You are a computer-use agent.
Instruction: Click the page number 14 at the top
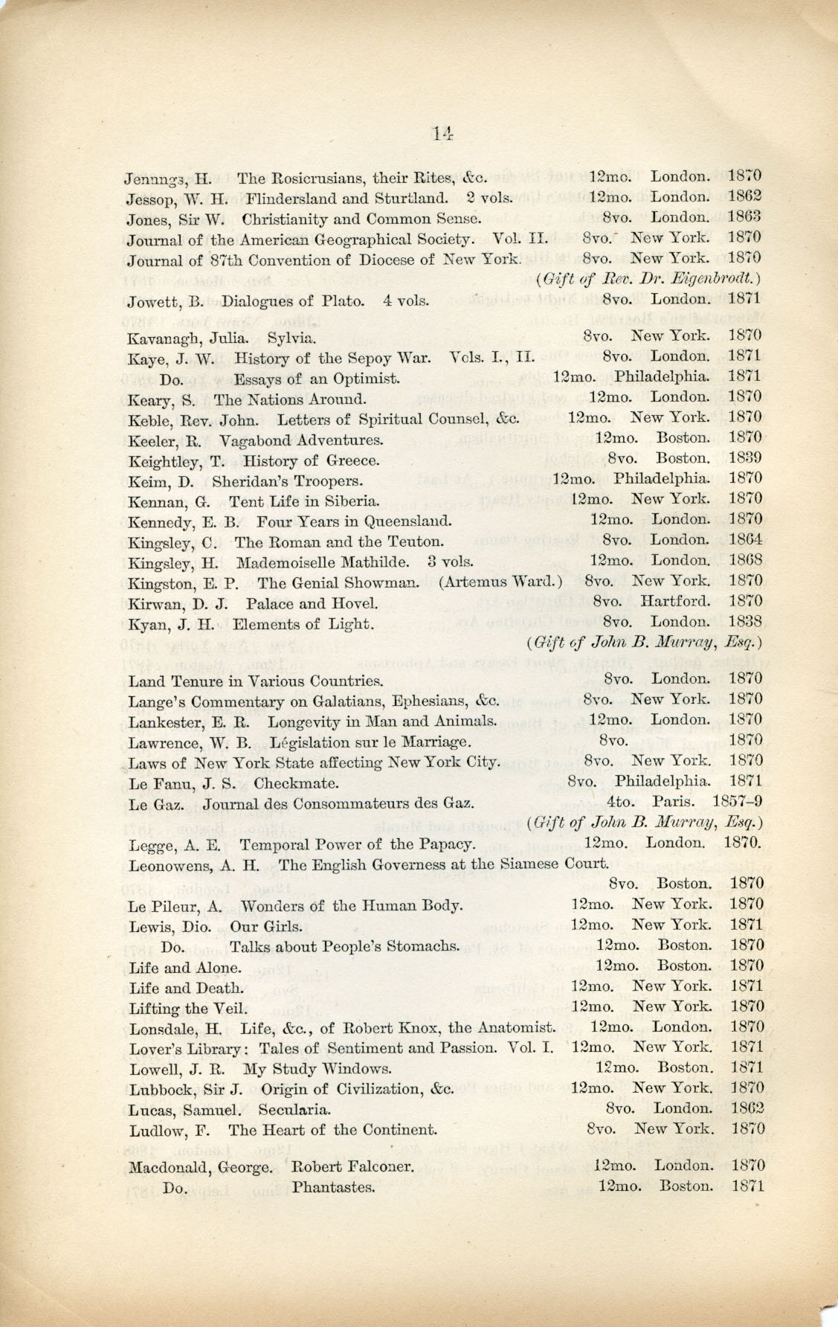click(x=441, y=133)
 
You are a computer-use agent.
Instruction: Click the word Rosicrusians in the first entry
click(x=315, y=179)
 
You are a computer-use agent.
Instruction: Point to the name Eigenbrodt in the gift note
click(x=713, y=279)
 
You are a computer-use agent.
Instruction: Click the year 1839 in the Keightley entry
click(x=744, y=458)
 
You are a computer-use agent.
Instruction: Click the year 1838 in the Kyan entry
click(x=744, y=621)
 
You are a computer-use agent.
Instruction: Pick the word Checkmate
click(x=296, y=783)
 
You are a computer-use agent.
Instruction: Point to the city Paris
click(x=674, y=803)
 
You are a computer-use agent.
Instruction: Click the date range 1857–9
click(x=736, y=803)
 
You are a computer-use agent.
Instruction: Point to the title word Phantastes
click(x=333, y=1187)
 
